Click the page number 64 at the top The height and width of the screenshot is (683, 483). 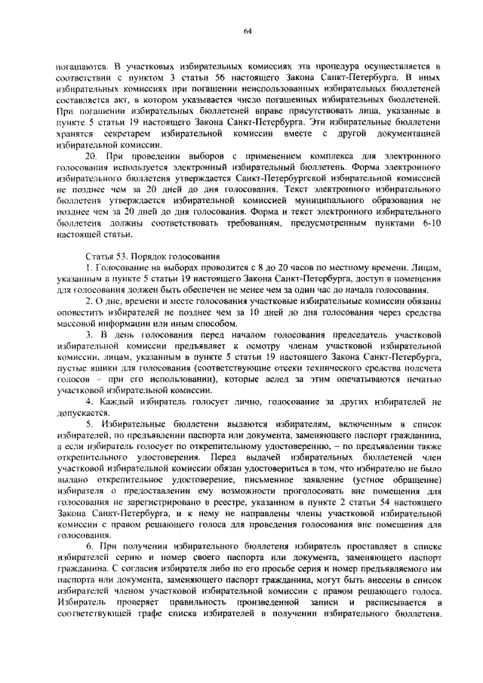(247, 30)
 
